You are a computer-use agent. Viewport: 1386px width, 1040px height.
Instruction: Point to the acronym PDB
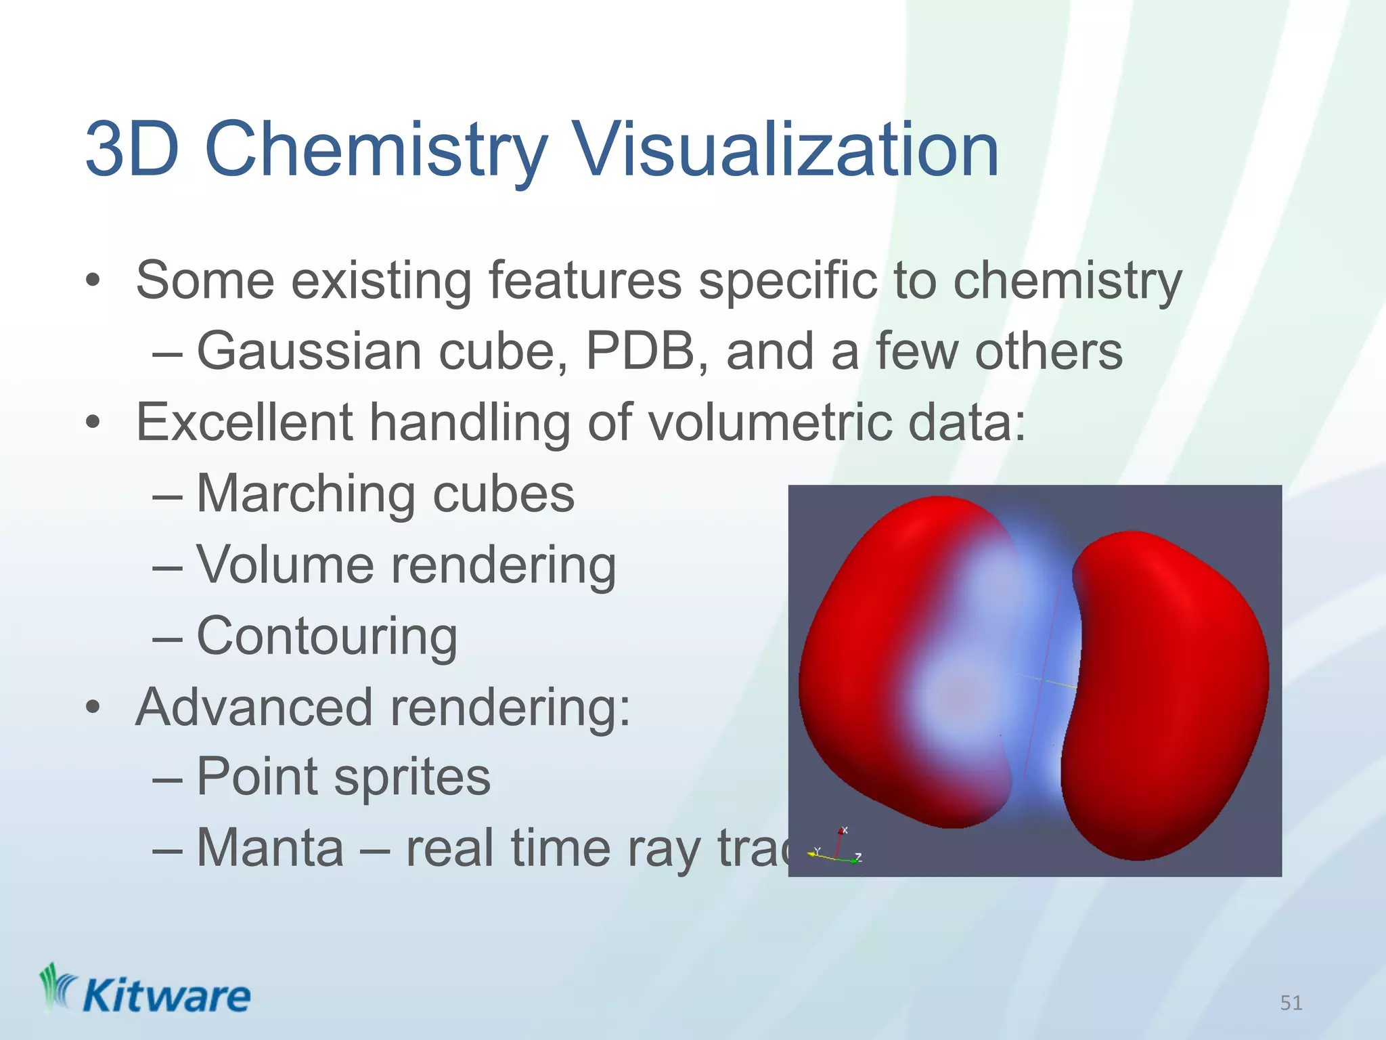(x=640, y=352)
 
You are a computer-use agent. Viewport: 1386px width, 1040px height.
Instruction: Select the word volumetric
(x=770, y=422)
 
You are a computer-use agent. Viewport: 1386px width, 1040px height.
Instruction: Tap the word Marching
(x=305, y=494)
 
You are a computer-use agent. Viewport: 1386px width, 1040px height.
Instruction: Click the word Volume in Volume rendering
(x=285, y=565)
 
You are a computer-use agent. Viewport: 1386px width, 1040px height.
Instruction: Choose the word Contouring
(x=327, y=636)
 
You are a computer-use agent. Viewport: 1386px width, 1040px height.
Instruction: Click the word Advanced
(x=254, y=707)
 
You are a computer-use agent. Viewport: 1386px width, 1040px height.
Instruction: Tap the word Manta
(x=270, y=848)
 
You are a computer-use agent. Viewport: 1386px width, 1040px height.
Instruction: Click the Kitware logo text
(x=166, y=997)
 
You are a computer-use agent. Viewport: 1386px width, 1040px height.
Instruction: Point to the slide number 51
(x=1291, y=1003)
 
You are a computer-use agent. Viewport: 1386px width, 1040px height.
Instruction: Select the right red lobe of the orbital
(x=1171, y=697)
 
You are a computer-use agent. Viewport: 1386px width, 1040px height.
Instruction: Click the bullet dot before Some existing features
(x=93, y=281)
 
